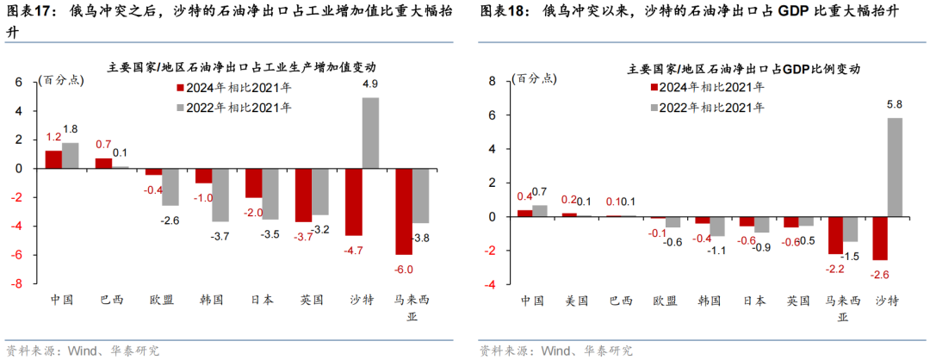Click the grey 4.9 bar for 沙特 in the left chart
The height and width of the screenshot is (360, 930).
[x=369, y=133]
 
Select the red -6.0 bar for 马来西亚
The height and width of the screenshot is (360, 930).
[x=403, y=211]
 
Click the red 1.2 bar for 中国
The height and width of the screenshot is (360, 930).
[x=53, y=159]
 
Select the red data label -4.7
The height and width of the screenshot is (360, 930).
[x=353, y=250]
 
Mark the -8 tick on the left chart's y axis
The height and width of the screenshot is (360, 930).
[x=16, y=283]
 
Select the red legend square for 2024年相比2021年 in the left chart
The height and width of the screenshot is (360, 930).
[x=181, y=88]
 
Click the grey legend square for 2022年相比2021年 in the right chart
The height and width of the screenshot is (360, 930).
[x=654, y=108]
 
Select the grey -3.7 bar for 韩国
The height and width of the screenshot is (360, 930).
[x=221, y=195]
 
